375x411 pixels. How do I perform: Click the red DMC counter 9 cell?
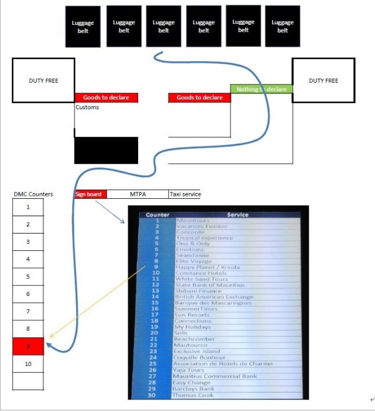point(28,346)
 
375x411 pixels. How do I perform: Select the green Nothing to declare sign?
point(261,89)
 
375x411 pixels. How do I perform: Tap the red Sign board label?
point(90,194)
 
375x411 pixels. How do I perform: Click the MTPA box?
point(138,194)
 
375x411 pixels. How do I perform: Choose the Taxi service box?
point(185,194)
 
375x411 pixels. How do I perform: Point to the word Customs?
point(87,107)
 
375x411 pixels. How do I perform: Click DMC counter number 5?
point(28,276)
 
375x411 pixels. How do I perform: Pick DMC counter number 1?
point(28,206)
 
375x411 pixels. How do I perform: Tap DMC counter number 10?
point(28,364)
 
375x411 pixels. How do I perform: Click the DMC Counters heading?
point(33,194)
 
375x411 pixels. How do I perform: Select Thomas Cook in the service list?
point(193,395)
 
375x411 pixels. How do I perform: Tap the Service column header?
point(237,214)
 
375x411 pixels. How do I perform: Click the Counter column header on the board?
point(157,214)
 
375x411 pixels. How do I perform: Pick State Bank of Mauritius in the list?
point(210,285)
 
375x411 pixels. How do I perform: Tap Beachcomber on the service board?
point(194,339)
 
